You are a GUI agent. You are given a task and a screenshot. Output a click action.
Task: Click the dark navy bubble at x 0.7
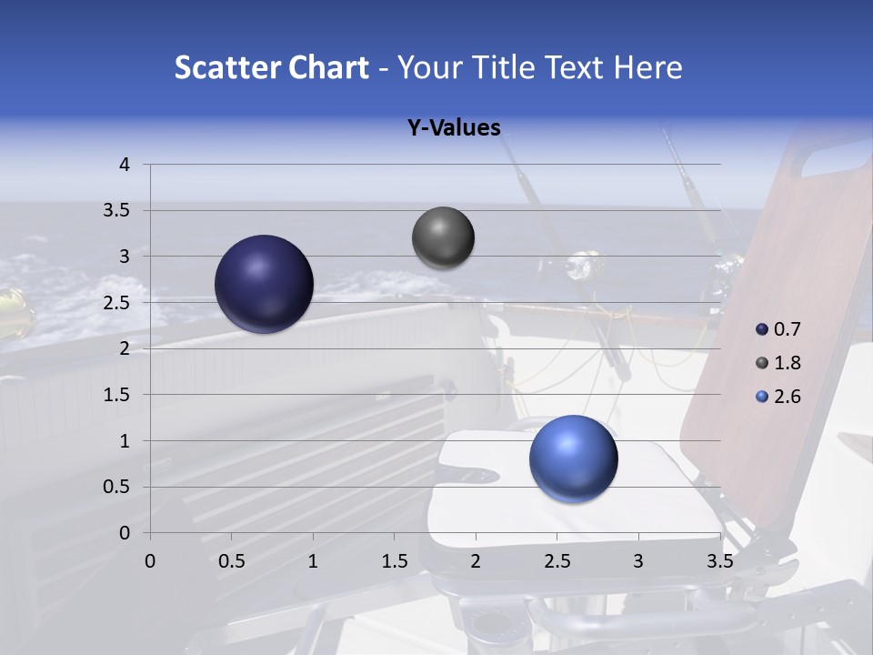pyautogui.click(x=264, y=284)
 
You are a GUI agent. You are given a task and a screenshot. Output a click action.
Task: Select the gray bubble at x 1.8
pyautogui.click(x=443, y=238)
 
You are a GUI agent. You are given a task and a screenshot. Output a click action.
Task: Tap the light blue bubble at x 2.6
pyautogui.click(x=573, y=458)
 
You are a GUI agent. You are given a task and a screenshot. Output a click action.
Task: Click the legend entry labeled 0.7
pyautogui.click(x=786, y=329)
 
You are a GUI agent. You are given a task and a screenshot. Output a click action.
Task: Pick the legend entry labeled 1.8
pyautogui.click(x=786, y=363)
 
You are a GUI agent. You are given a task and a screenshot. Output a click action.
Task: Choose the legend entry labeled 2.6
pyautogui.click(x=786, y=397)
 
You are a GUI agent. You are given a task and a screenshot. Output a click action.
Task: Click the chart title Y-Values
pyautogui.click(x=454, y=128)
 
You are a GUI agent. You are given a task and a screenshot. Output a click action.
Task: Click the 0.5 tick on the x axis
pyautogui.click(x=231, y=561)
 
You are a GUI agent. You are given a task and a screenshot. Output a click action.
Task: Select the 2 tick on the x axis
pyautogui.click(x=476, y=561)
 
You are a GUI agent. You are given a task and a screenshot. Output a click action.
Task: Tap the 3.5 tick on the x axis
pyautogui.click(x=720, y=561)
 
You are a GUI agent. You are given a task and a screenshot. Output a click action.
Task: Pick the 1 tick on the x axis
pyautogui.click(x=313, y=561)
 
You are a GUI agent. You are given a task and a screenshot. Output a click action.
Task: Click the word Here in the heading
pyautogui.click(x=647, y=67)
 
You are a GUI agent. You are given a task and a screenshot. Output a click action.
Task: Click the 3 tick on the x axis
pyautogui.click(x=638, y=561)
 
